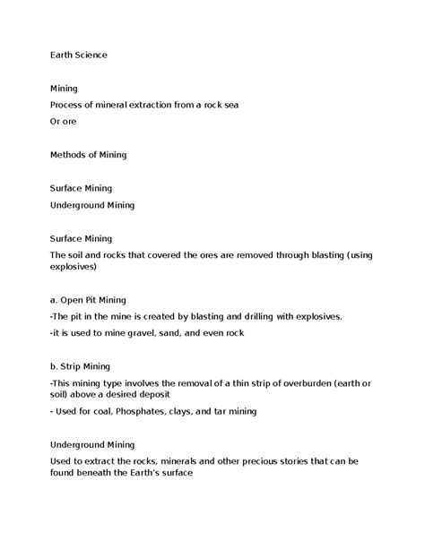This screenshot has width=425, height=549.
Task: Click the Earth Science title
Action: point(78,55)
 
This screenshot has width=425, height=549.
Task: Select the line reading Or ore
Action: point(63,122)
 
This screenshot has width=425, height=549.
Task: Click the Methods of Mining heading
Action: point(88,155)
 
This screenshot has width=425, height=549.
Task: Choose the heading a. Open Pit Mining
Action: point(88,299)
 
